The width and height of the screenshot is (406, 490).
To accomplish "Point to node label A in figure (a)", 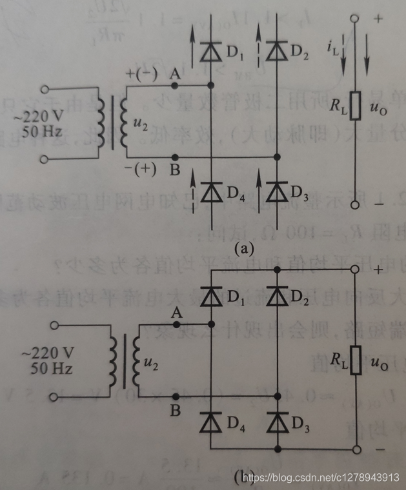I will pos(173,74).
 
